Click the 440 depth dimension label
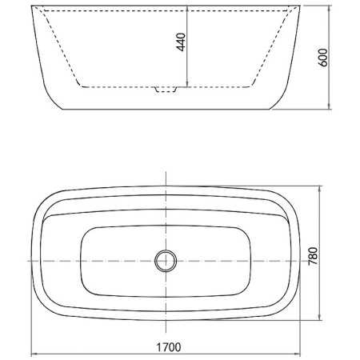[x=181, y=42]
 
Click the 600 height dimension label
[x=322, y=58]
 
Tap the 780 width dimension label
[x=313, y=256]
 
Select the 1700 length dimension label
[x=168, y=347]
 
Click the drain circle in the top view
[x=166, y=261]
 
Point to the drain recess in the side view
[x=166, y=90]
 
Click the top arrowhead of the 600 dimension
[x=330, y=8]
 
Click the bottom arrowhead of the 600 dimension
[x=330, y=106]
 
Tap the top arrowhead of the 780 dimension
[x=320, y=189]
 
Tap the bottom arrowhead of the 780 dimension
[x=320, y=317]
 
